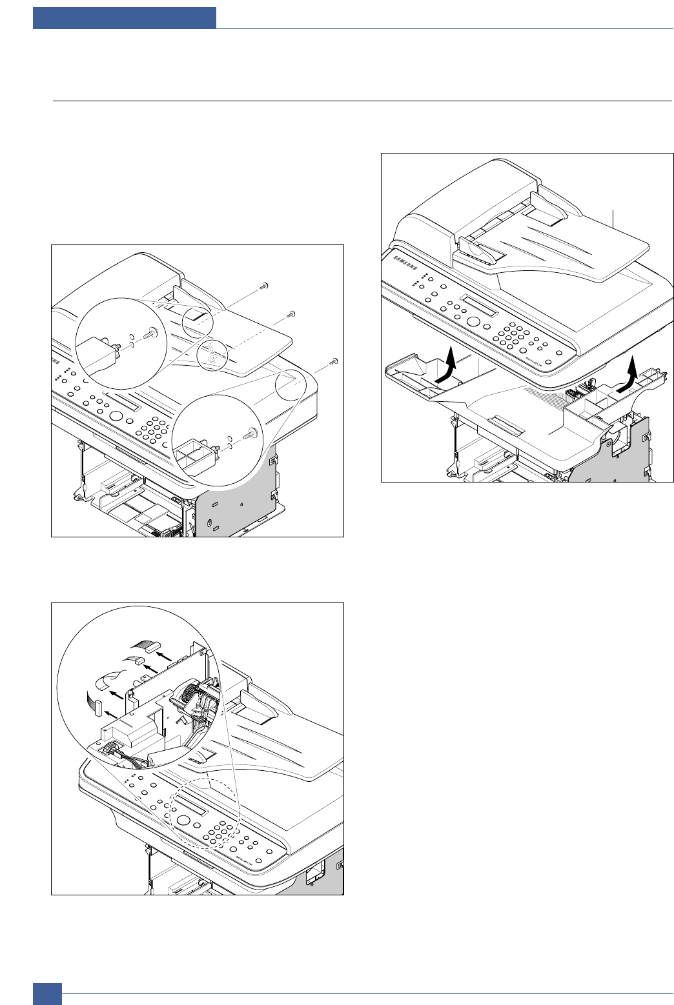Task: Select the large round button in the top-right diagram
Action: click(x=474, y=322)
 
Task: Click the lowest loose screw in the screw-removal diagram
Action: click(x=333, y=361)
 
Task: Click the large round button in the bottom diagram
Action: click(x=183, y=820)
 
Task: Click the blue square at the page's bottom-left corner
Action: click(x=47, y=993)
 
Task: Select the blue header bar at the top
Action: click(x=125, y=17)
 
